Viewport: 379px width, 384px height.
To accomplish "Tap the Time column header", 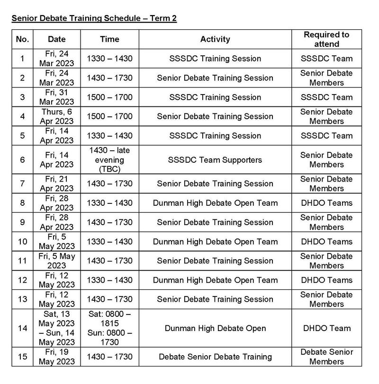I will point(109,39).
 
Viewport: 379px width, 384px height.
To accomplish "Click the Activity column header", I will point(215,39).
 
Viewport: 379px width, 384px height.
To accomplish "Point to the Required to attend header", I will point(326,39).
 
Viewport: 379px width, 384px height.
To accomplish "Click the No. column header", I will point(22,39).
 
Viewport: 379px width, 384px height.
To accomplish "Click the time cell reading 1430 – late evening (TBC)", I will point(109,159).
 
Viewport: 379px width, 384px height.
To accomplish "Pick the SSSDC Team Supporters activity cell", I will point(215,159).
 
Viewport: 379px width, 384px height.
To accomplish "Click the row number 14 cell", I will point(22,328).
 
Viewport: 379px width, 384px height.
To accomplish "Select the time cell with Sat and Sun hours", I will point(109,328).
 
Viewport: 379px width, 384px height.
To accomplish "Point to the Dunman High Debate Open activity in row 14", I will point(215,328).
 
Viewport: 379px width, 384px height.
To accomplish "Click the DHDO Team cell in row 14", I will point(326,328).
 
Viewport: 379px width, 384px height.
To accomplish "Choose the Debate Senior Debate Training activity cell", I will point(215,357).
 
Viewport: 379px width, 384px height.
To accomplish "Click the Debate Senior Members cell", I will point(326,357).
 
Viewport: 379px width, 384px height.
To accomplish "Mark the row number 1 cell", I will point(22,59).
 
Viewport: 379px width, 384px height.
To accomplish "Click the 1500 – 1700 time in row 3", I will point(109,97).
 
